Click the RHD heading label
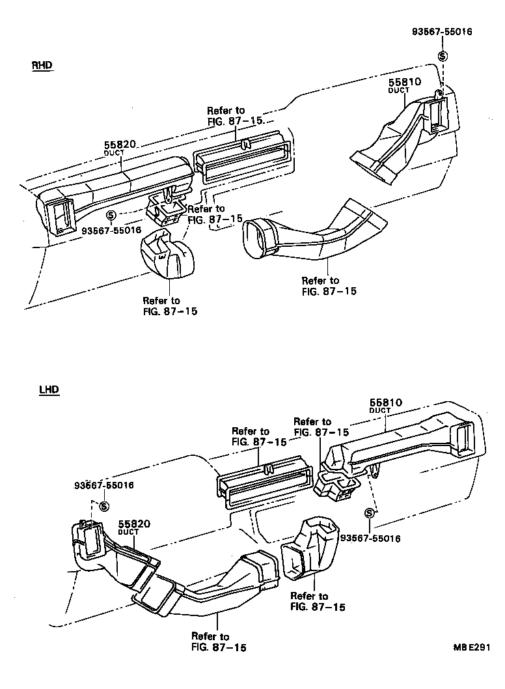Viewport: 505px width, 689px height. (41, 66)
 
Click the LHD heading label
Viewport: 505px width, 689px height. (48, 389)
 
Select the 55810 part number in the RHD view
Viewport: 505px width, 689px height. (405, 82)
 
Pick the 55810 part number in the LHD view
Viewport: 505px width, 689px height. (387, 402)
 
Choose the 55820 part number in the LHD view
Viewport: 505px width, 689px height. (134, 524)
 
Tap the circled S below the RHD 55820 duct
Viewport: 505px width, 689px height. (111, 214)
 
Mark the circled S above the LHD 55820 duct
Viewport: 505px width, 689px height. (102, 507)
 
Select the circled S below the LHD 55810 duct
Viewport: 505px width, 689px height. (370, 513)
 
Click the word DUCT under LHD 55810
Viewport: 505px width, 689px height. (379, 411)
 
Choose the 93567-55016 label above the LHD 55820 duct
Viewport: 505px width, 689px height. (104, 485)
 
